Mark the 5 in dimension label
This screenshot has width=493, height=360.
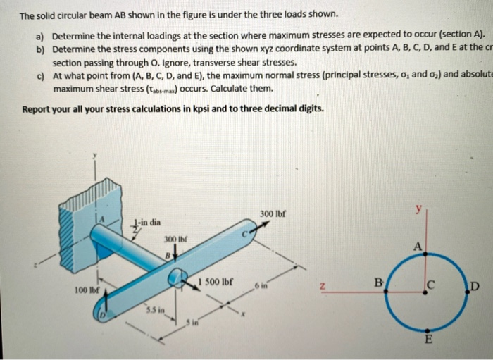(192, 323)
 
